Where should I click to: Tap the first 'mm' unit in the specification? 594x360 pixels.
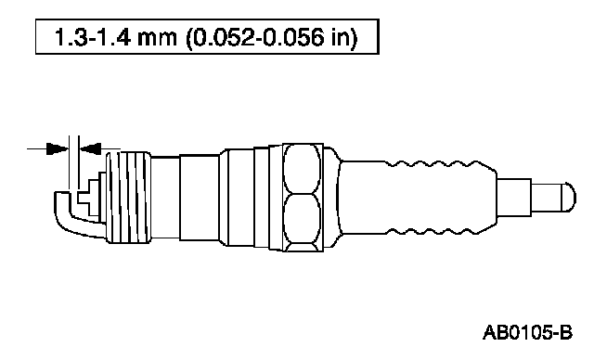(x=157, y=39)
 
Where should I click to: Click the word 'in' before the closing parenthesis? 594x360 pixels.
(x=340, y=37)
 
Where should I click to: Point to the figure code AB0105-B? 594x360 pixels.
(x=527, y=333)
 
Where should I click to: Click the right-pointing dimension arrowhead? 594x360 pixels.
(x=58, y=148)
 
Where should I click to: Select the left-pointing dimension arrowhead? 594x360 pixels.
(x=91, y=148)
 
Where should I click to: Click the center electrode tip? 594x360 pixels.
(x=84, y=198)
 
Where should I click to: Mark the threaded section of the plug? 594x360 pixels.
(x=128, y=198)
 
